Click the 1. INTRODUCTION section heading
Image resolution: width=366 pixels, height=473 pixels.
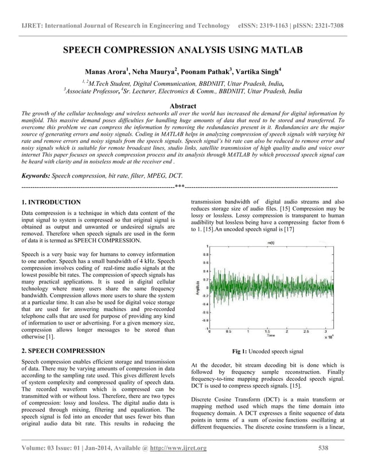pyautogui.click(x=50, y=202)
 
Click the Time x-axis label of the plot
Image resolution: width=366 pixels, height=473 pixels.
pyautogui.click(x=270, y=334)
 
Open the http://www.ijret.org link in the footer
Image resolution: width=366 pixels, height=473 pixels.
pyautogui.click(x=178, y=448)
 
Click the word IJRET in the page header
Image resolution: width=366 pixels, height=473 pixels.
pyautogui.click(x=34, y=26)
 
